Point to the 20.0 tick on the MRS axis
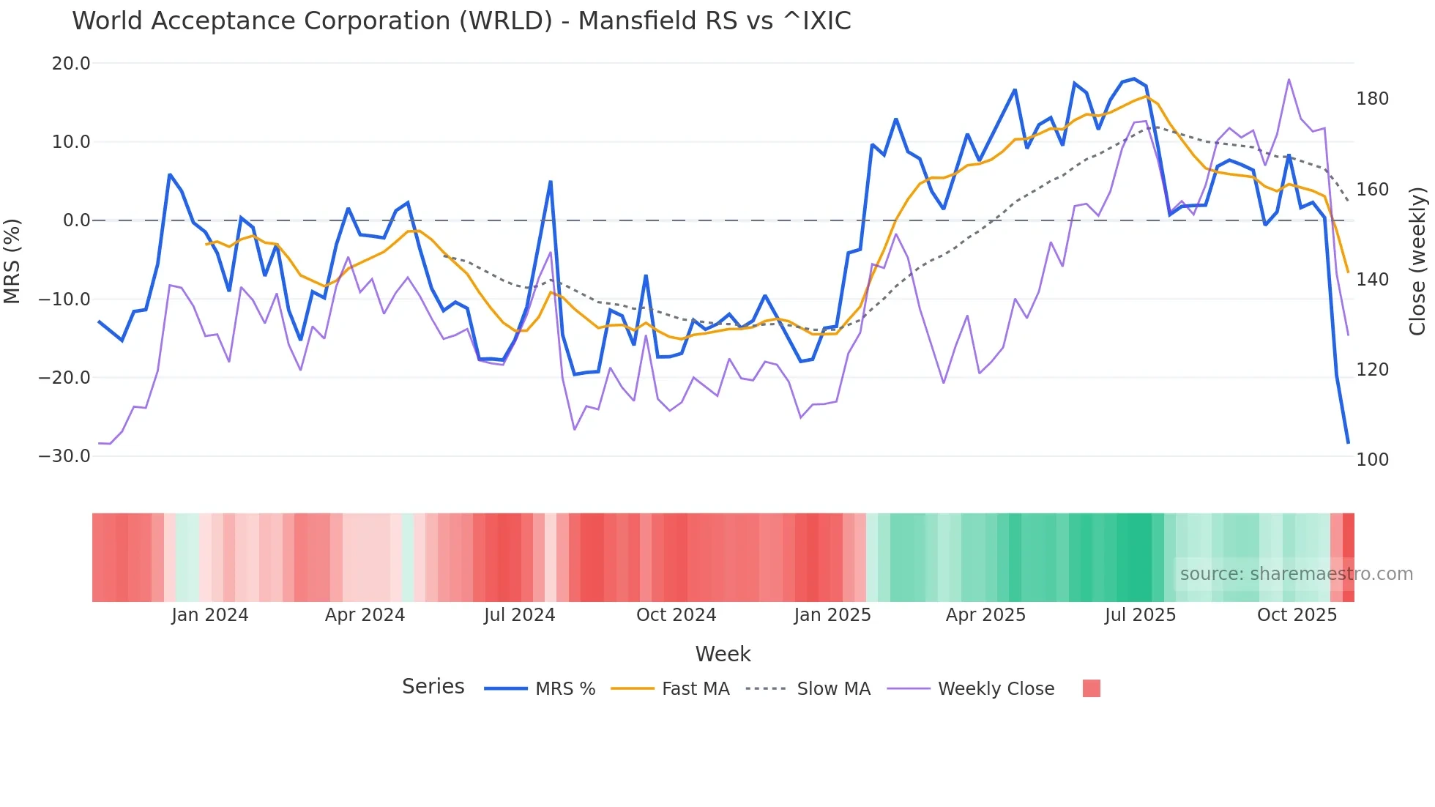pyautogui.click(x=71, y=64)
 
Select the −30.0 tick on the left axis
pyautogui.click(x=65, y=456)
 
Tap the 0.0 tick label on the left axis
pyautogui.click(x=76, y=220)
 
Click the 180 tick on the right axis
pyautogui.click(x=1372, y=99)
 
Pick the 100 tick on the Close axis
pyautogui.click(x=1372, y=460)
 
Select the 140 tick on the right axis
pyautogui.click(x=1372, y=280)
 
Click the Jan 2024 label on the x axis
pyautogui.click(x=210, y=615)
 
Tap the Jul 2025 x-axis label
pyautogui.click(x=1140, y=615)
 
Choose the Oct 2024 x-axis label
pyautogui.click(x=676, y=615)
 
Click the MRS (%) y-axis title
pyautogui.click(x=12, y=261)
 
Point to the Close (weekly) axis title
pyautogui.click(x=1418, y=261)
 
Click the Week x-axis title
pyautogui.click(x=723, y=654)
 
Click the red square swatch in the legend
pyautogui.click(x=1091, y=688)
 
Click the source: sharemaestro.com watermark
pyautogui.click(x=1296, y=574)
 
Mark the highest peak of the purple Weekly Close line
pyautogui.click(x=1289, y=79)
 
